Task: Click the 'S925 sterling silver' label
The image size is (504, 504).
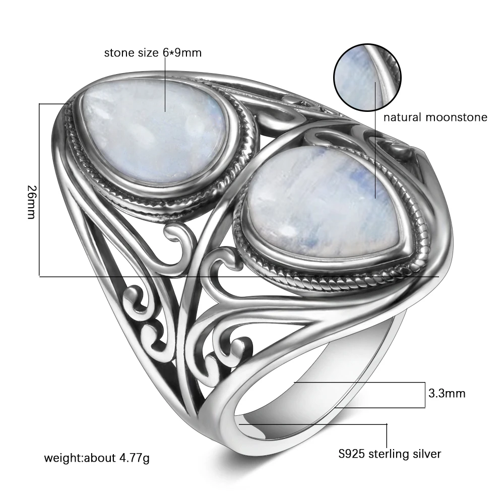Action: (390, 454)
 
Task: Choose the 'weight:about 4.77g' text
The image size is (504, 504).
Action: (97, 458)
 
